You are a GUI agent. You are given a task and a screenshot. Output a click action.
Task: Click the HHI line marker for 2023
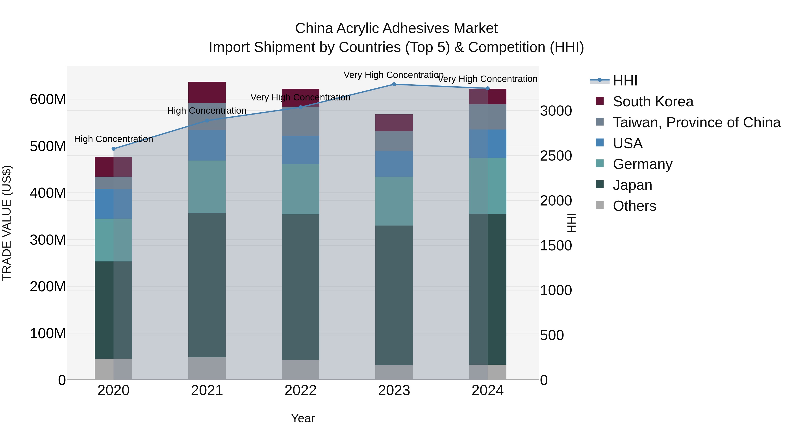point(394,84)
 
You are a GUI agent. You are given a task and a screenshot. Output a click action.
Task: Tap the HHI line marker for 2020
point(114,149)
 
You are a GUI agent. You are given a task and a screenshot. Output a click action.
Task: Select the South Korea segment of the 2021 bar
point(207,92)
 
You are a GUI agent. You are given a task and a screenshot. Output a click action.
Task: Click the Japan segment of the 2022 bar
point(300,287)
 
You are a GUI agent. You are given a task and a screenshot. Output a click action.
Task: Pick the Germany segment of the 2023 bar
point(394,201)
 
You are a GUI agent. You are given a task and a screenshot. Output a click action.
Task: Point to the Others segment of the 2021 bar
point(207,368)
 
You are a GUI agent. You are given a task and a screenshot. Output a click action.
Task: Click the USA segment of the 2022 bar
point(300,150)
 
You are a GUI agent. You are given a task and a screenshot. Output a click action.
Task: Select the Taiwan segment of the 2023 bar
point(394,141)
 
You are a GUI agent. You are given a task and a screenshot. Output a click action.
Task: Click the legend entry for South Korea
point(653,102)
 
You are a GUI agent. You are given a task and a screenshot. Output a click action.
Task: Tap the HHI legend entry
point(625,81)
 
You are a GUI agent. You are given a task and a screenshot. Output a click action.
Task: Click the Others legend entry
point(634,206)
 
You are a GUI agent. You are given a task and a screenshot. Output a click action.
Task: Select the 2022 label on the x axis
point(300,390)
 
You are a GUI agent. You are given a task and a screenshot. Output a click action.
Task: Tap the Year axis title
point(303,418)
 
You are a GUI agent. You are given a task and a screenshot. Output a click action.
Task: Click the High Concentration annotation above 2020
point(114,139)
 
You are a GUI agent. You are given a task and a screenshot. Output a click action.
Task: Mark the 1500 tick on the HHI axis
point(556,246)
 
